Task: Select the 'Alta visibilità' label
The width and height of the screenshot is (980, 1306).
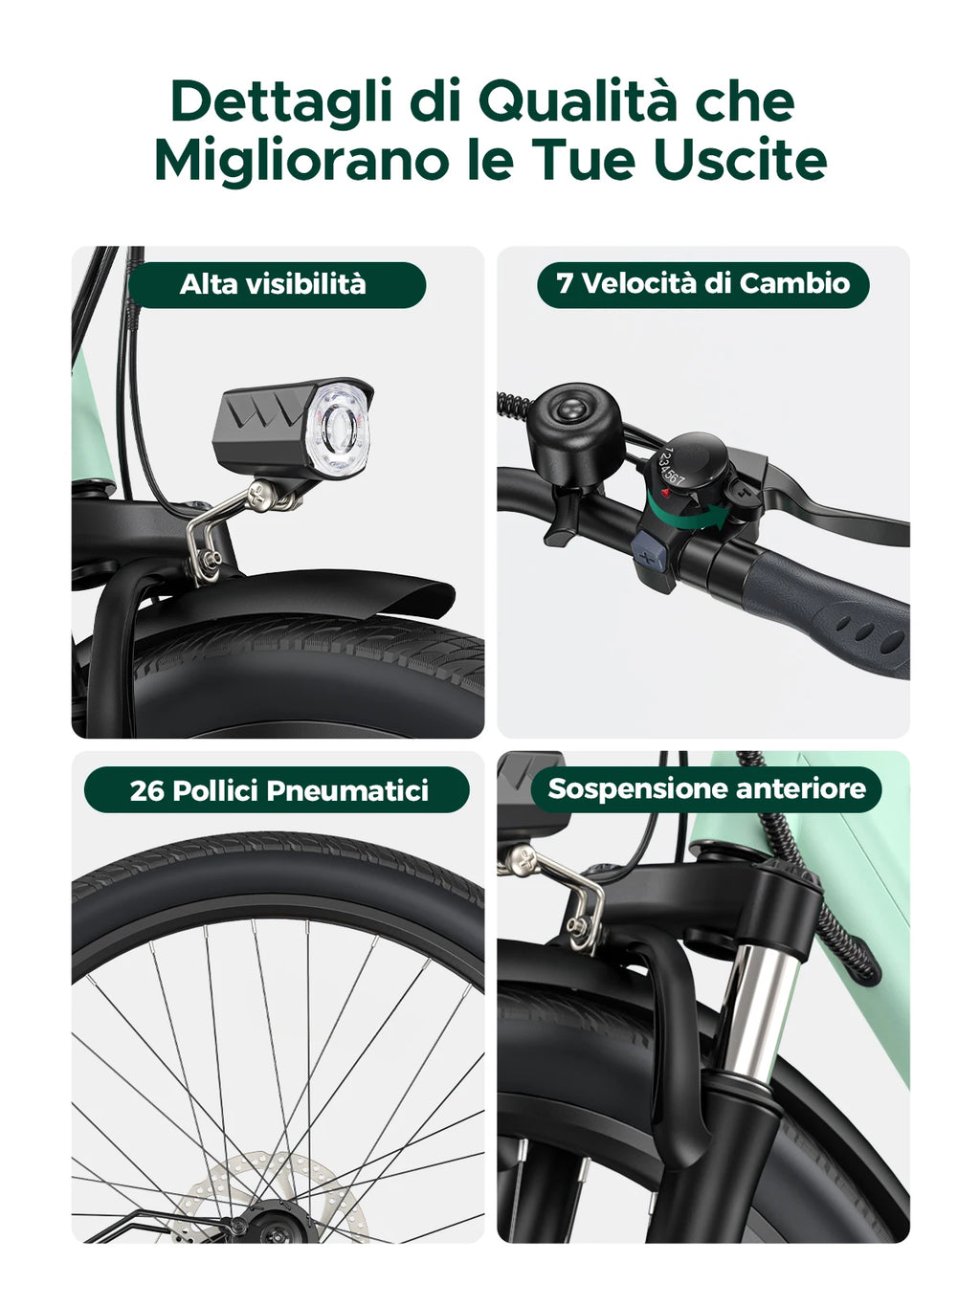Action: tap(274, 284)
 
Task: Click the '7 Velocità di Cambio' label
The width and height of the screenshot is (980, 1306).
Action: tap(703, 284)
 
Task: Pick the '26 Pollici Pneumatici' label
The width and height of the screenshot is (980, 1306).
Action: tap(278, 790)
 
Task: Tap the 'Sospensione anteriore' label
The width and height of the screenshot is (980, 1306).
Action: tap(706, 789)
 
